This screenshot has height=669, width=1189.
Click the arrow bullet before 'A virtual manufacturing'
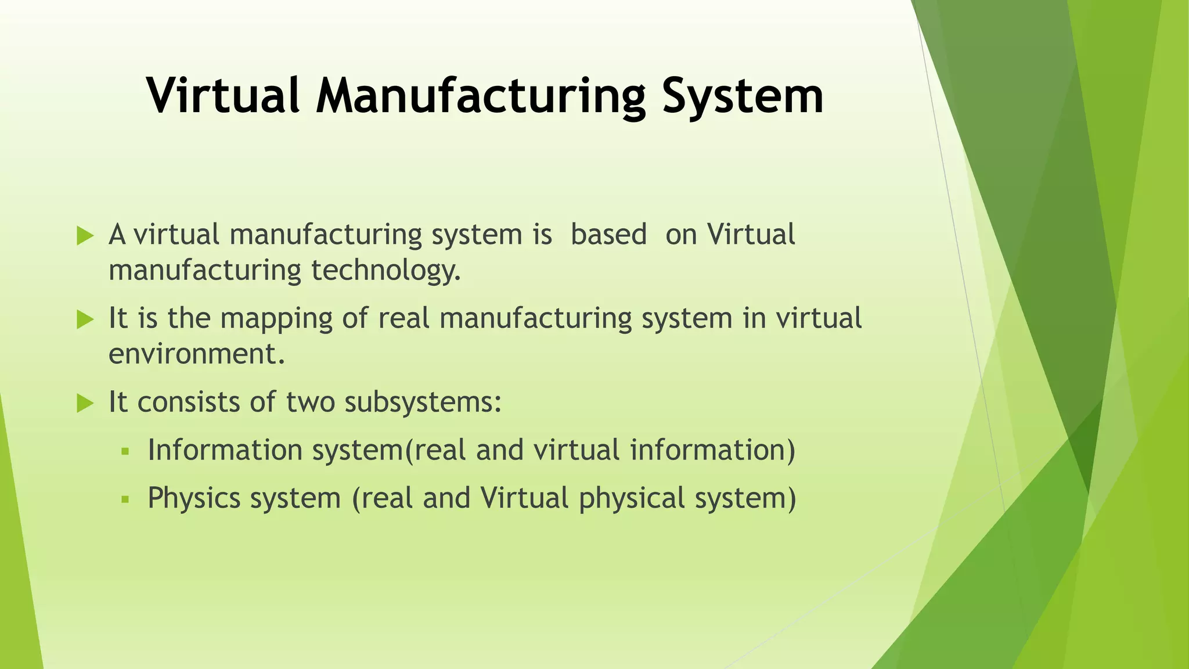pyautogui.click(x=85, y=236)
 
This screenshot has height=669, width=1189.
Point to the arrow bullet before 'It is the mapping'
pyautogui.click(x=85, y=319)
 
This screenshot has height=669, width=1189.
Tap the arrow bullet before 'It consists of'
pyautogui.click(x=85, y=403)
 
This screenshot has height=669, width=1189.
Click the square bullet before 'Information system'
pyautogui.click(x=124, y=451)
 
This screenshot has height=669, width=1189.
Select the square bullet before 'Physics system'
pyautogui.click(x=124, y=499)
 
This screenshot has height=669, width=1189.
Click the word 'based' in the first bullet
pyautogui.click(x=608, y=235)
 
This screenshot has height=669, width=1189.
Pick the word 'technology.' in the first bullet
pyautogui.click(x=385, y=271)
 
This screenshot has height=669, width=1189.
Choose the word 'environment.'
pyautogui.click(x=197, y=354)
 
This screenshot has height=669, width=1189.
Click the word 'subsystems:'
pyautogui.click(x=423, y=402)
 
